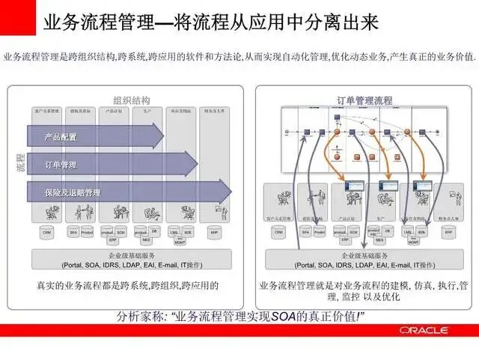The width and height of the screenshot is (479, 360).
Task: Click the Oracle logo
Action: coord(423,329)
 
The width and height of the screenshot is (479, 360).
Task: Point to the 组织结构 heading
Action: coord(132,100)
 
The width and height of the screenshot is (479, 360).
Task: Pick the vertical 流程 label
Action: coord(20,163)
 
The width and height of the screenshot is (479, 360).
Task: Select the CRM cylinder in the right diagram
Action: coord(278,233)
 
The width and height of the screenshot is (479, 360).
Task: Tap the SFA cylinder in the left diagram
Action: coord(73,233)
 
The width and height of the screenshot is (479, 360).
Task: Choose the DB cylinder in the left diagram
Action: coord(154,231)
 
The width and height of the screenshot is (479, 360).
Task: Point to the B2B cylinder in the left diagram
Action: coord(187,232)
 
